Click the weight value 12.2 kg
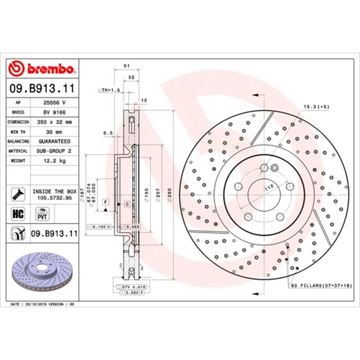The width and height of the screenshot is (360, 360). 53,160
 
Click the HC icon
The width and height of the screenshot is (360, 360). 18,213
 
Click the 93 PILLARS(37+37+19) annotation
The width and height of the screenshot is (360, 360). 320,286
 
